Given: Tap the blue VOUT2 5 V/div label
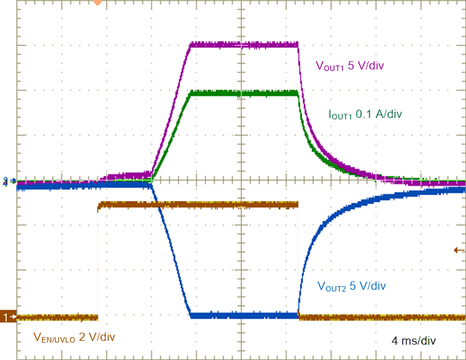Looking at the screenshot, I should (352, 286).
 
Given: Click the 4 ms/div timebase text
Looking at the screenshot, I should (414, 341).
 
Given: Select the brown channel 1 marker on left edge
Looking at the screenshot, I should (8, 317).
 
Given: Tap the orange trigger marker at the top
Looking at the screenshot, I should (98, 3).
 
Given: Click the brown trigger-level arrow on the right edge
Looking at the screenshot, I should (459, 250).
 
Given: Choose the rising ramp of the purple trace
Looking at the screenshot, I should (171, 110).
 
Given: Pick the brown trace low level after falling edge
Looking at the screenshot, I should (379, 317).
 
